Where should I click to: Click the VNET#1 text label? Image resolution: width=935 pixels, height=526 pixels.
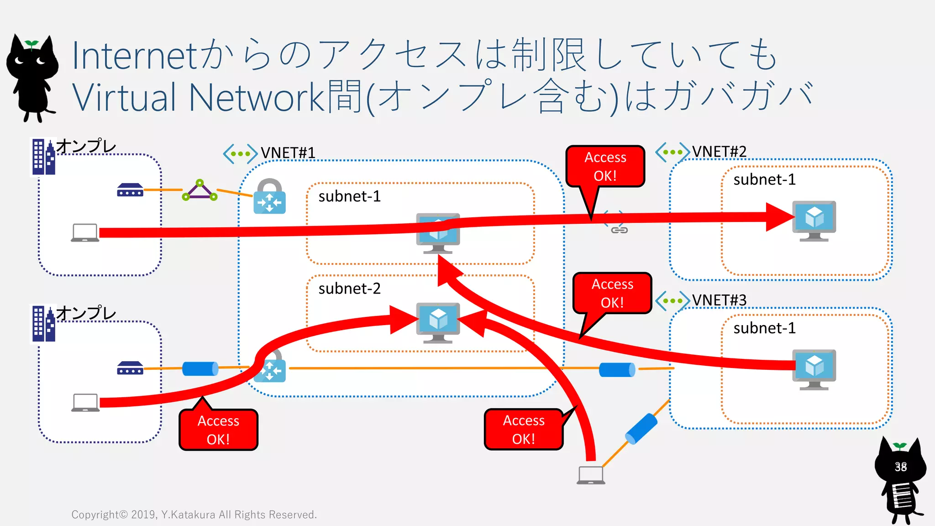(x=288, y=153)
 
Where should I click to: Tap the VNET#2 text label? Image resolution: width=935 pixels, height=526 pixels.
(x=719, y=151)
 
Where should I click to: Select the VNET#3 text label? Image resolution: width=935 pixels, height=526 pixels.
(x=719, y=300)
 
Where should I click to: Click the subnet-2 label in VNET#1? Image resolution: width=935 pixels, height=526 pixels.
(x=349, y=289)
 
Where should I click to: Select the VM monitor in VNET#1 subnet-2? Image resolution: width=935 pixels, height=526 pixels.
(x=438, y=322)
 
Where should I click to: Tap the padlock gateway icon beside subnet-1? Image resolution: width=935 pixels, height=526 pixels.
(x=269, y=197)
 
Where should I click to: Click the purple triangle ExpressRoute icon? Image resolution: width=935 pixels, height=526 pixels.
(x=200, y=190)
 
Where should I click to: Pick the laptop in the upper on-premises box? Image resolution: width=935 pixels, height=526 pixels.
(x=85, y=232)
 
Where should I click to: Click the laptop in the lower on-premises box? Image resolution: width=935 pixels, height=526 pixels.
(x=85, y=402)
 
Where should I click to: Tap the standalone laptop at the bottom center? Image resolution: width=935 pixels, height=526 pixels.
(x=591, y=475)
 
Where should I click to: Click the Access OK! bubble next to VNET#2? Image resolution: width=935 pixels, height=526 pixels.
(x=605, y=166)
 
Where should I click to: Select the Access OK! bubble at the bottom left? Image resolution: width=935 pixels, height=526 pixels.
(x=218, y=430)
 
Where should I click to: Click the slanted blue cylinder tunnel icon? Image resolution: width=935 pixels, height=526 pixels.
(x=641, y=429)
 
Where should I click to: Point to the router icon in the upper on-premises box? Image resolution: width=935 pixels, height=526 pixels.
(x=130, y=190)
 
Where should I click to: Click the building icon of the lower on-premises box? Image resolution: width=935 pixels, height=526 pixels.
(x=43, y=324)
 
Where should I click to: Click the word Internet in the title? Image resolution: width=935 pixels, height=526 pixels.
(x=135, y=56)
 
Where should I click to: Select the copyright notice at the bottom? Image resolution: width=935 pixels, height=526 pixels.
(x=194, y=515)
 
